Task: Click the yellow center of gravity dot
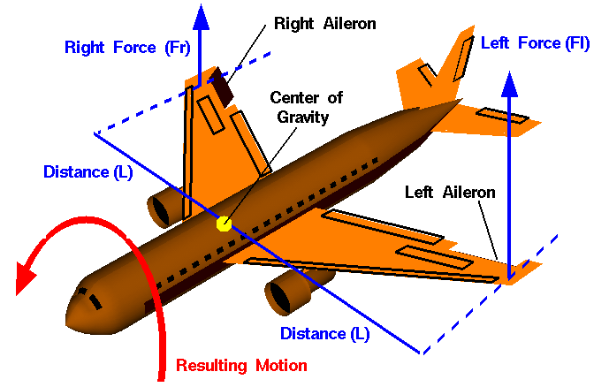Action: pos(224,224)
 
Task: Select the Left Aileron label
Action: pos(450,191)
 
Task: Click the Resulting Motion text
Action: pos(241,365)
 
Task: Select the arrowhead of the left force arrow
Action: pos(508,82)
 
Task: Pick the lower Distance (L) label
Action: pos(324,333)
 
